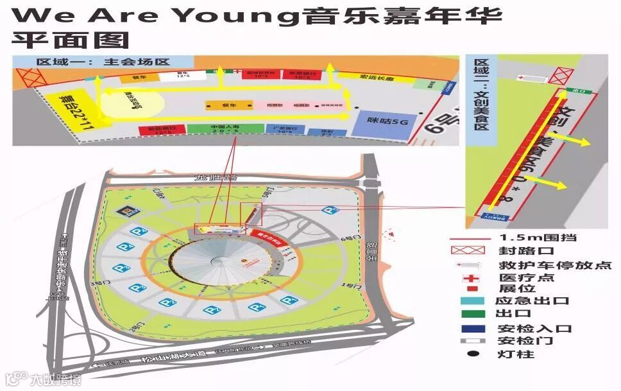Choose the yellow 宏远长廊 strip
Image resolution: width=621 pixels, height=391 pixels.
point(366,78)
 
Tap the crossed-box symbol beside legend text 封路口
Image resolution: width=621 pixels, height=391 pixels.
point(472,251)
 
